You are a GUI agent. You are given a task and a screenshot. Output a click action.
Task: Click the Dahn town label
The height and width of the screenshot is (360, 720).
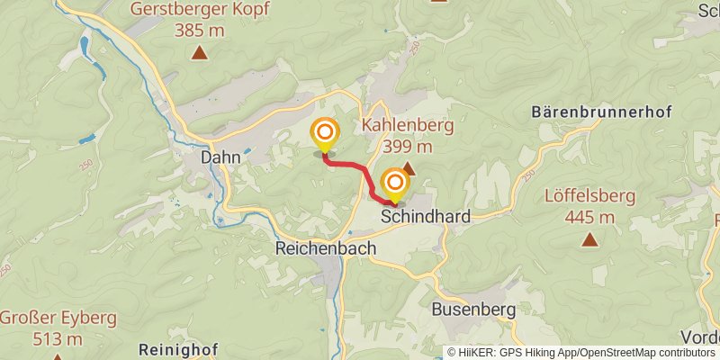click(220, 157)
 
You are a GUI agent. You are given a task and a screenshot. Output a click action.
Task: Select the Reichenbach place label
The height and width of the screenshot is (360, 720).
click(325, 247)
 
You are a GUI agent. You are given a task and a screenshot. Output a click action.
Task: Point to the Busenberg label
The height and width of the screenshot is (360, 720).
click(473, 310)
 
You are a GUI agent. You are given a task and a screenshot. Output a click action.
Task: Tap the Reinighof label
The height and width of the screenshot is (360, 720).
click(179, 348)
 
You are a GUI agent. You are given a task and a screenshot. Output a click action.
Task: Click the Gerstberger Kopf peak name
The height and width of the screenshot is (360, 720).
click(199, 10)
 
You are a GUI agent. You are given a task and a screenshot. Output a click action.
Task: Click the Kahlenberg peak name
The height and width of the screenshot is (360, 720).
click(407, 126)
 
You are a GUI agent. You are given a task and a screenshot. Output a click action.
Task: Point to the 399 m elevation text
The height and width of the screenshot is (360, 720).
click(407, 146)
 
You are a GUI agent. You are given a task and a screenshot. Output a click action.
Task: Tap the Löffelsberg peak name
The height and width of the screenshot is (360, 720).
click(590, 196)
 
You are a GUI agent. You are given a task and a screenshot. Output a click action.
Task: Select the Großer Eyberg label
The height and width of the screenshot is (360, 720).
click(58, 319)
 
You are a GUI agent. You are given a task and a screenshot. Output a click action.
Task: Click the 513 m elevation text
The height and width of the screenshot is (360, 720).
click(58, 338)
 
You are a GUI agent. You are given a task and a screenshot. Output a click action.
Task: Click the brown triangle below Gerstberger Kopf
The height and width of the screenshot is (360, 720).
click(199, 53)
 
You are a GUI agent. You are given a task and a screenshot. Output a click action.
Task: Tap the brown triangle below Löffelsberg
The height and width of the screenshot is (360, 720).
click(590, 239)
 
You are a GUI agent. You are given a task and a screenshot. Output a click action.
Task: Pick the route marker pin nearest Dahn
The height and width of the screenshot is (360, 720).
click(324, 135)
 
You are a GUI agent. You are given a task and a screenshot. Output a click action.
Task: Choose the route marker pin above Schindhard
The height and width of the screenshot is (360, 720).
click(394, 184)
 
